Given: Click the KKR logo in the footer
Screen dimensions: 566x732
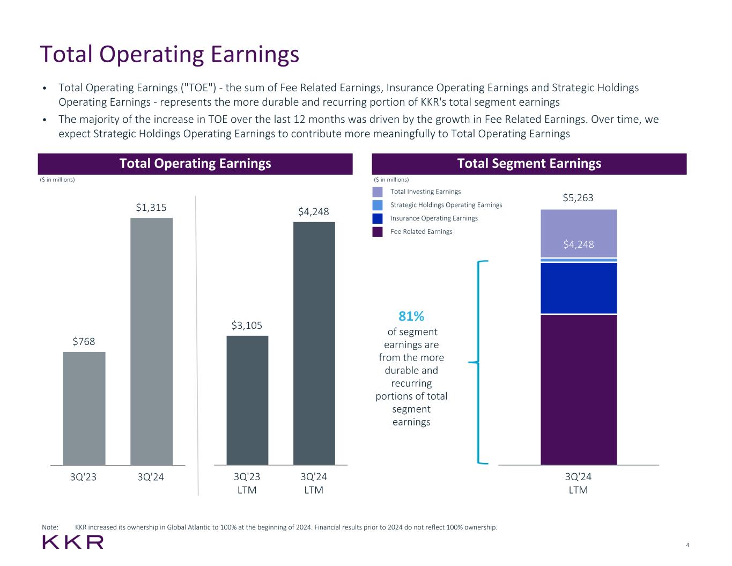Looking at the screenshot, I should coord(73,542).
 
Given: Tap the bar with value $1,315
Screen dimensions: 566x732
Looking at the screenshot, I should coord(151,341).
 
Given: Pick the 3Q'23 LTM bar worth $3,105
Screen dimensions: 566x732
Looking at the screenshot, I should coord(247,400).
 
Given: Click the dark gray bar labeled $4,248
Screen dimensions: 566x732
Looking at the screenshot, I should coord(314,343).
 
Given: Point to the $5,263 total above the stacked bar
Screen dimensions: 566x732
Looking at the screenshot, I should coord(578,198).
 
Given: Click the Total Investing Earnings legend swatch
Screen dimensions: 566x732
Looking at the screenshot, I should coord(378,192).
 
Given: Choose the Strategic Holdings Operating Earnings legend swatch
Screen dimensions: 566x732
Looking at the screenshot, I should coord(378,205).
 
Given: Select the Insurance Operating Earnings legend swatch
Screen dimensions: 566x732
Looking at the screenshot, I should coord(378,218).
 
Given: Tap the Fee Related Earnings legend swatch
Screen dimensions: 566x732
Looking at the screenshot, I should coord(378,232).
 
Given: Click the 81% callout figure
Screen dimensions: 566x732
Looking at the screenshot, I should coord(411,316).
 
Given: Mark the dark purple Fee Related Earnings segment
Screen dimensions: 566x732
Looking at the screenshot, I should coord(579,389).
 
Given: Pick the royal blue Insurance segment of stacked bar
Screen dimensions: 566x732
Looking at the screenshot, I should coord(579,288).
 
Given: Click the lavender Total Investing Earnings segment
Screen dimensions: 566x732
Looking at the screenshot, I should coord(579,225).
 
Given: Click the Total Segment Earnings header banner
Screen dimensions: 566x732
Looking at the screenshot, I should coord(529,164).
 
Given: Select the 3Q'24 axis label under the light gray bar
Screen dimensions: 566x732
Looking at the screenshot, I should coord(151,477).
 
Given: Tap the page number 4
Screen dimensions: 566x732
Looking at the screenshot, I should coord(687,546).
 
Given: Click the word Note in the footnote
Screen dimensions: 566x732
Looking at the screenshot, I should coord(50,527).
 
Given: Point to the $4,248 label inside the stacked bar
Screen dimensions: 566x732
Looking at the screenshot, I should coord(579,245).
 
